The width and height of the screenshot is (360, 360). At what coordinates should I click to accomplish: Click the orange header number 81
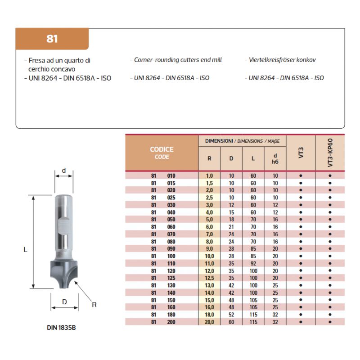click(52, 39)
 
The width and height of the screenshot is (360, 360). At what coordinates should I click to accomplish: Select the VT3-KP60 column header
click(330, 153)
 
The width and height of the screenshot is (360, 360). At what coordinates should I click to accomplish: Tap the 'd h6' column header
click(275, 158)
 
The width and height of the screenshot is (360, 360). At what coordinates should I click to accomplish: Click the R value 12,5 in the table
click(209, 278)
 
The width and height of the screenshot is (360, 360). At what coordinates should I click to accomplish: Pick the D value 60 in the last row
click(231, 322)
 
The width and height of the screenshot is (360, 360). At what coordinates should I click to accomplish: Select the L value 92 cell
click(253, 264)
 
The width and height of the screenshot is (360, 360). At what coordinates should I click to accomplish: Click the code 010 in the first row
click(171, 175)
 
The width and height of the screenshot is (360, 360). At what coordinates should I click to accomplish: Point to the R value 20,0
click(209, 322)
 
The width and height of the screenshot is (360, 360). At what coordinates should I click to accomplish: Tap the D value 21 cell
click(231, 227)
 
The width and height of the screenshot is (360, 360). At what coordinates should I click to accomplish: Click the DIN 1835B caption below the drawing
click(64, 328)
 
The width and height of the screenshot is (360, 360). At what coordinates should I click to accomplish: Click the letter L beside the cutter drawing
click(26, 249)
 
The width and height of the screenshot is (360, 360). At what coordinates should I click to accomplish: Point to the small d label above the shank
click(64, 171)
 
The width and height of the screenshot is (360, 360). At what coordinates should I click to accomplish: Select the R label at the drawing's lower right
click(94, 305)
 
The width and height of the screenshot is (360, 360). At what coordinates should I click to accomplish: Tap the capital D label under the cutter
click(64, 302)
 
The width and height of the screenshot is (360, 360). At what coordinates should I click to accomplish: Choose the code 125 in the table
click(171, 278)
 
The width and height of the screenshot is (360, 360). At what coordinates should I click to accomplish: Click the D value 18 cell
click(231, 220)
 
